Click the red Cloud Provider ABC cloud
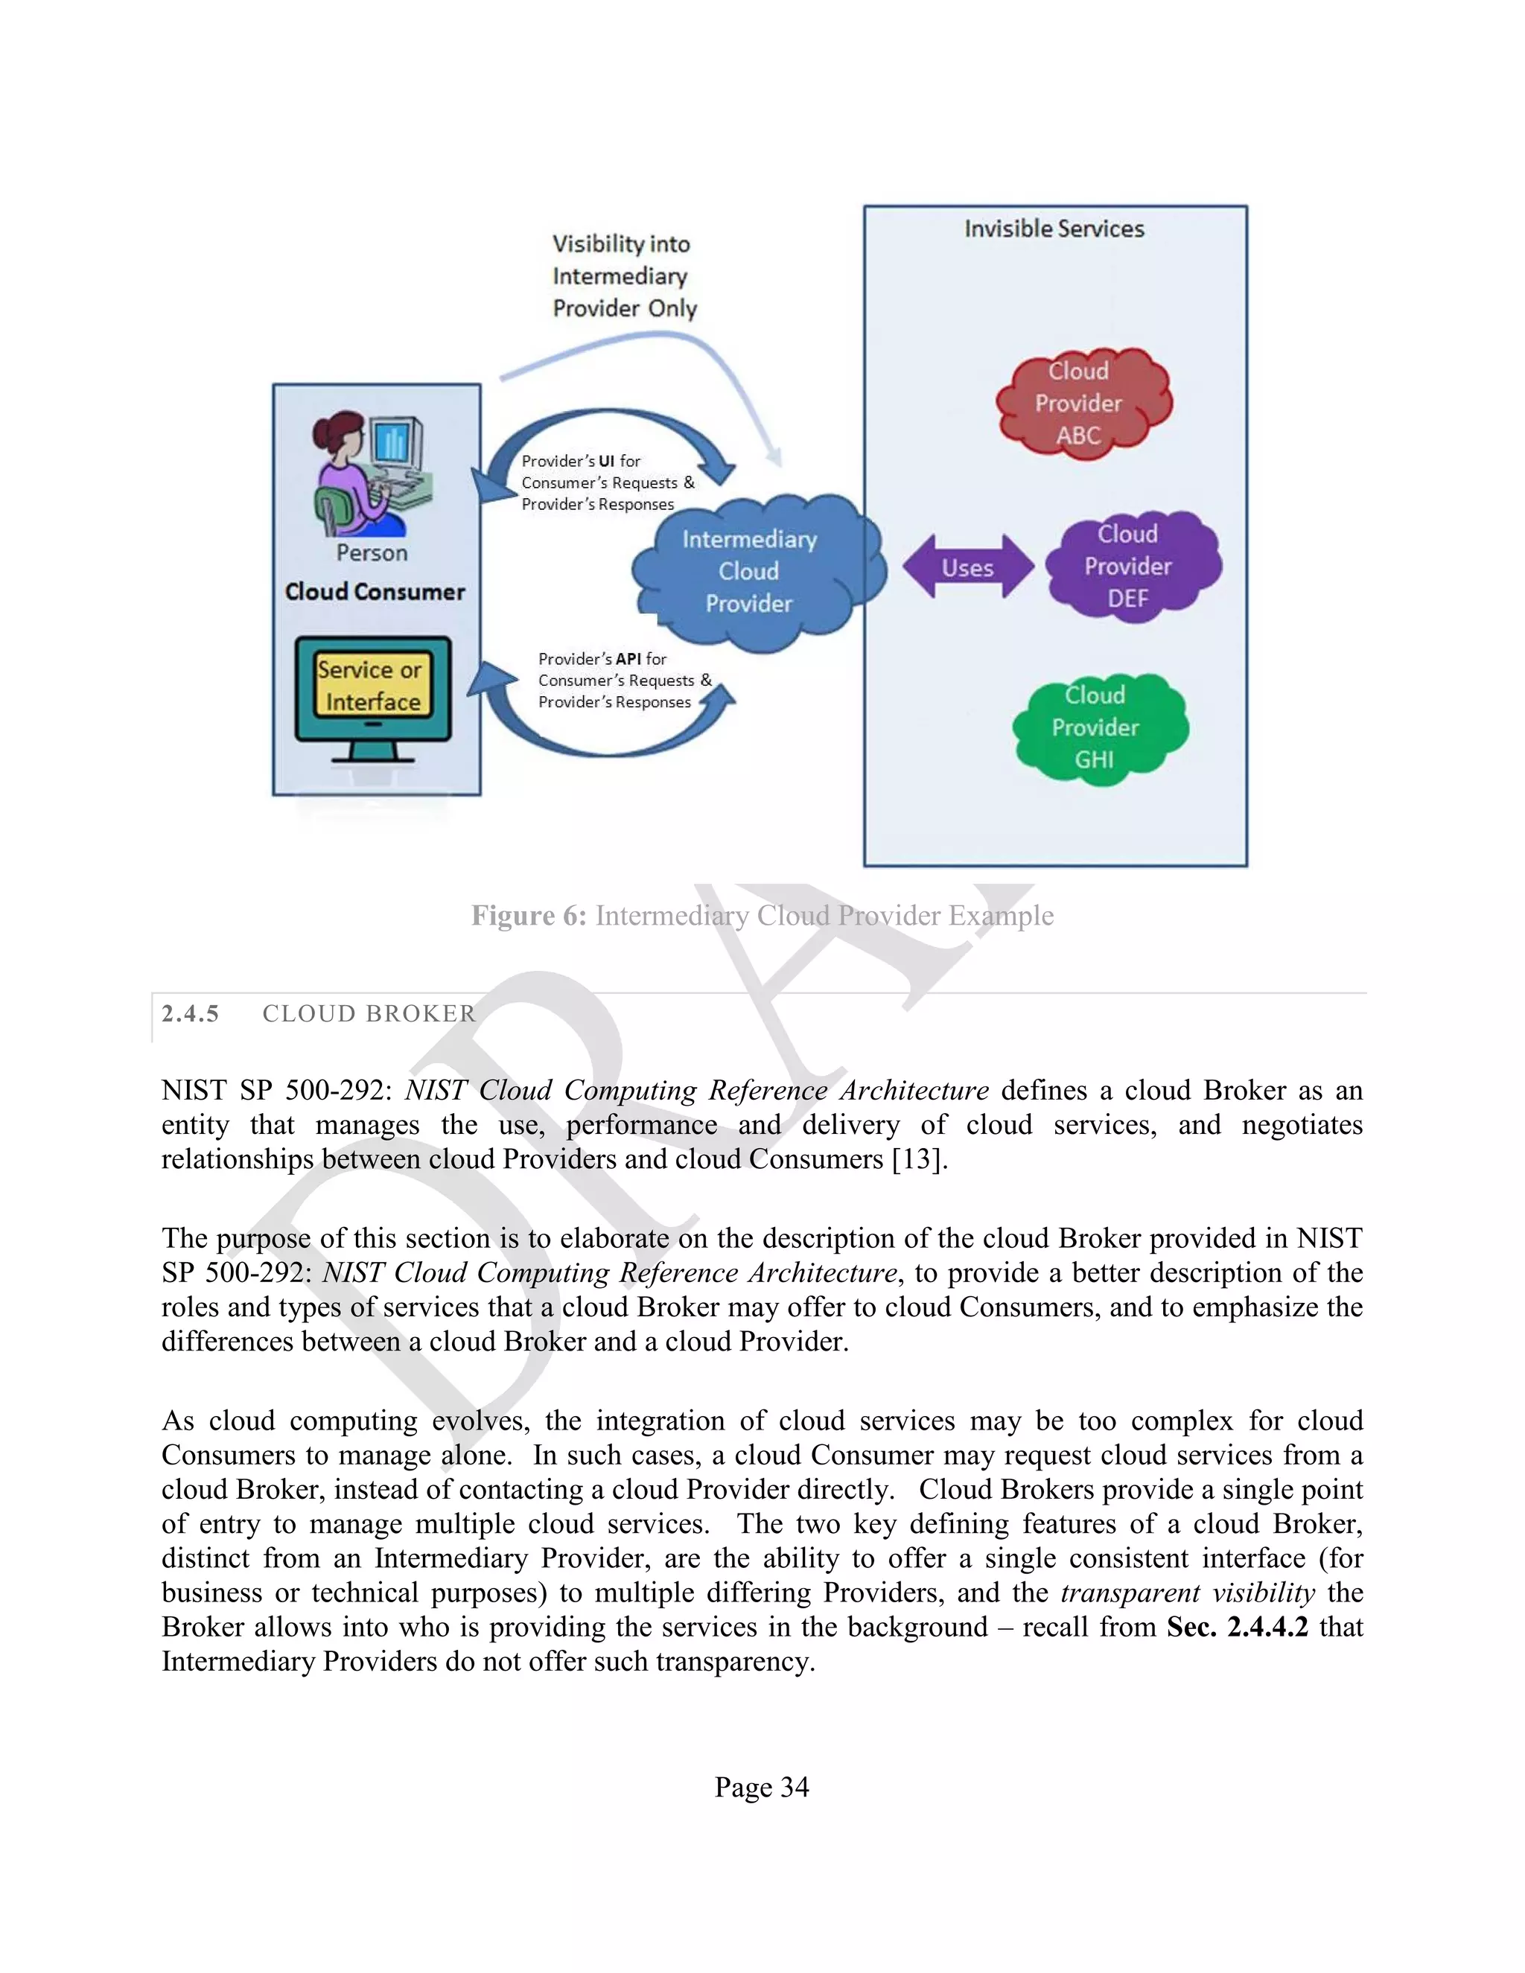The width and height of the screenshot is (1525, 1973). point(1082,403)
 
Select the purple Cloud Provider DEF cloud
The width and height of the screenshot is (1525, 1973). point(1132,567)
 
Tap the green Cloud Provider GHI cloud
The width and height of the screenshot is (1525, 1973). point(1098,728)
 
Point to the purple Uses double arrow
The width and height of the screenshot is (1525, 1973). point(967,568)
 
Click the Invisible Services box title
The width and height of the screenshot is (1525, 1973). point(1054,229)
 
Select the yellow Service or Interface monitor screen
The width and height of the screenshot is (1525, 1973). point(372,686)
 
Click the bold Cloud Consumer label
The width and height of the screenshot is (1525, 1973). point(375,592)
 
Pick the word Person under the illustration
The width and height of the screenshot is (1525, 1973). point(372,553)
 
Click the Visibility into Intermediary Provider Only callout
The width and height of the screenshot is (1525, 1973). point(623,276)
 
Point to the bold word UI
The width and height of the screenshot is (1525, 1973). point(606,462)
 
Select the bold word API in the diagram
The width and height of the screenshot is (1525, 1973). point(628,660)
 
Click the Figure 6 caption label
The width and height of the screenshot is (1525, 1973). point(529,916)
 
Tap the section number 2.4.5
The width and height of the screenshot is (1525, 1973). point(190,1013)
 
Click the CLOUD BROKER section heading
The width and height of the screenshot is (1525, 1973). point(369,1013)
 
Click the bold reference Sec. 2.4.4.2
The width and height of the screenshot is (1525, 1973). point(1237,1628)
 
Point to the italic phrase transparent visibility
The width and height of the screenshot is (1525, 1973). point(1187,1593)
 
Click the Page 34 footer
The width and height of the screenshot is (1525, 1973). point(762,1787)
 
